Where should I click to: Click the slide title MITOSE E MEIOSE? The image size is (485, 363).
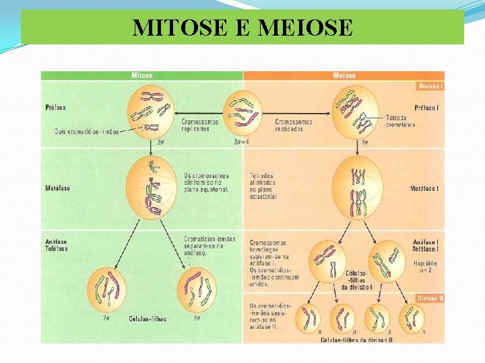coord(243,28)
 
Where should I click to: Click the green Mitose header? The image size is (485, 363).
coord(141,76)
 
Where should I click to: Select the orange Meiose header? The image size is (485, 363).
coord(344,76)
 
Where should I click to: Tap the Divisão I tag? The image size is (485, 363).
coord(430,86)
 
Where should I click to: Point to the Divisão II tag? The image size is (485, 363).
coord(430,298)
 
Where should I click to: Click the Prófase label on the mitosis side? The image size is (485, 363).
coord(55,106)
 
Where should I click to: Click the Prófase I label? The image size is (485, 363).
coord(428,107)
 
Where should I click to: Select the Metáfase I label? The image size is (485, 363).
coord(424,189)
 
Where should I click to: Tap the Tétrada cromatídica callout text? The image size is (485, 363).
coord(400,121)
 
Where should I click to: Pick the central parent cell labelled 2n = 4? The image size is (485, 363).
coord(242,112)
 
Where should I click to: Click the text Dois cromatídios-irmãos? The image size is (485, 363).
coord(86,132)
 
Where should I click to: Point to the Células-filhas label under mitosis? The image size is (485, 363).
coord(148,319)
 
